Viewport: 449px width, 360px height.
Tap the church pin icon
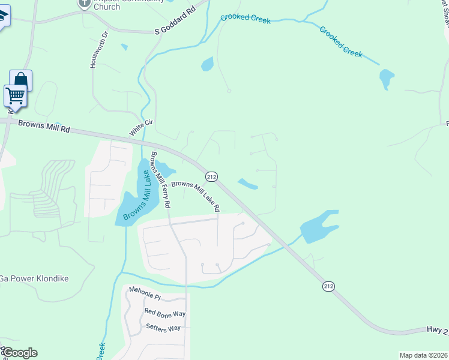[x=85, y=3]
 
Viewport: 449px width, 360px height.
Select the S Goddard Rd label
[x=175, y=26]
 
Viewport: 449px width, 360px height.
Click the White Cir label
[x=142, y=127]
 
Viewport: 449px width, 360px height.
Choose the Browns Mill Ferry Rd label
[x=160, y=180]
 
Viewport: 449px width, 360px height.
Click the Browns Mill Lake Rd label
[x=196, y=196]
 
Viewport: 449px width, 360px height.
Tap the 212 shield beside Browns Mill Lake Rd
[x=211, y=176]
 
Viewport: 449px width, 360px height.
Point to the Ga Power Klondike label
[x=34, y=279]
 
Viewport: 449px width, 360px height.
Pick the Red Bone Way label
[x=165, y=313]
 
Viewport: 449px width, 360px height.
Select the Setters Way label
[x=163, y=328]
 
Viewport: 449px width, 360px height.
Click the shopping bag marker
[x=20, y=80]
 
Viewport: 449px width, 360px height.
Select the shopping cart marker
[x=15, y=95]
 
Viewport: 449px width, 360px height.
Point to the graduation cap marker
[x=3, y=17]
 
